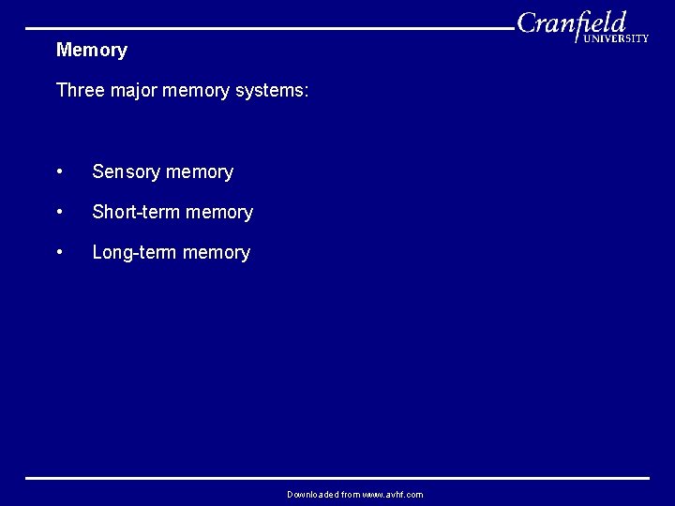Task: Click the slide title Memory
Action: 91,50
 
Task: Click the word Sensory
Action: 126,172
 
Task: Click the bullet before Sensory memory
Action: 60,172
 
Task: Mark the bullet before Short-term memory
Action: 60,213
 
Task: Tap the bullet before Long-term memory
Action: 60,253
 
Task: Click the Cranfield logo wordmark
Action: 572,22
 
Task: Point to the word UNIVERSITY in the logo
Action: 616,38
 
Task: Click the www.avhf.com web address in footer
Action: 393,495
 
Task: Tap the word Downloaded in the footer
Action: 313,495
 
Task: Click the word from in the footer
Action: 351,495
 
